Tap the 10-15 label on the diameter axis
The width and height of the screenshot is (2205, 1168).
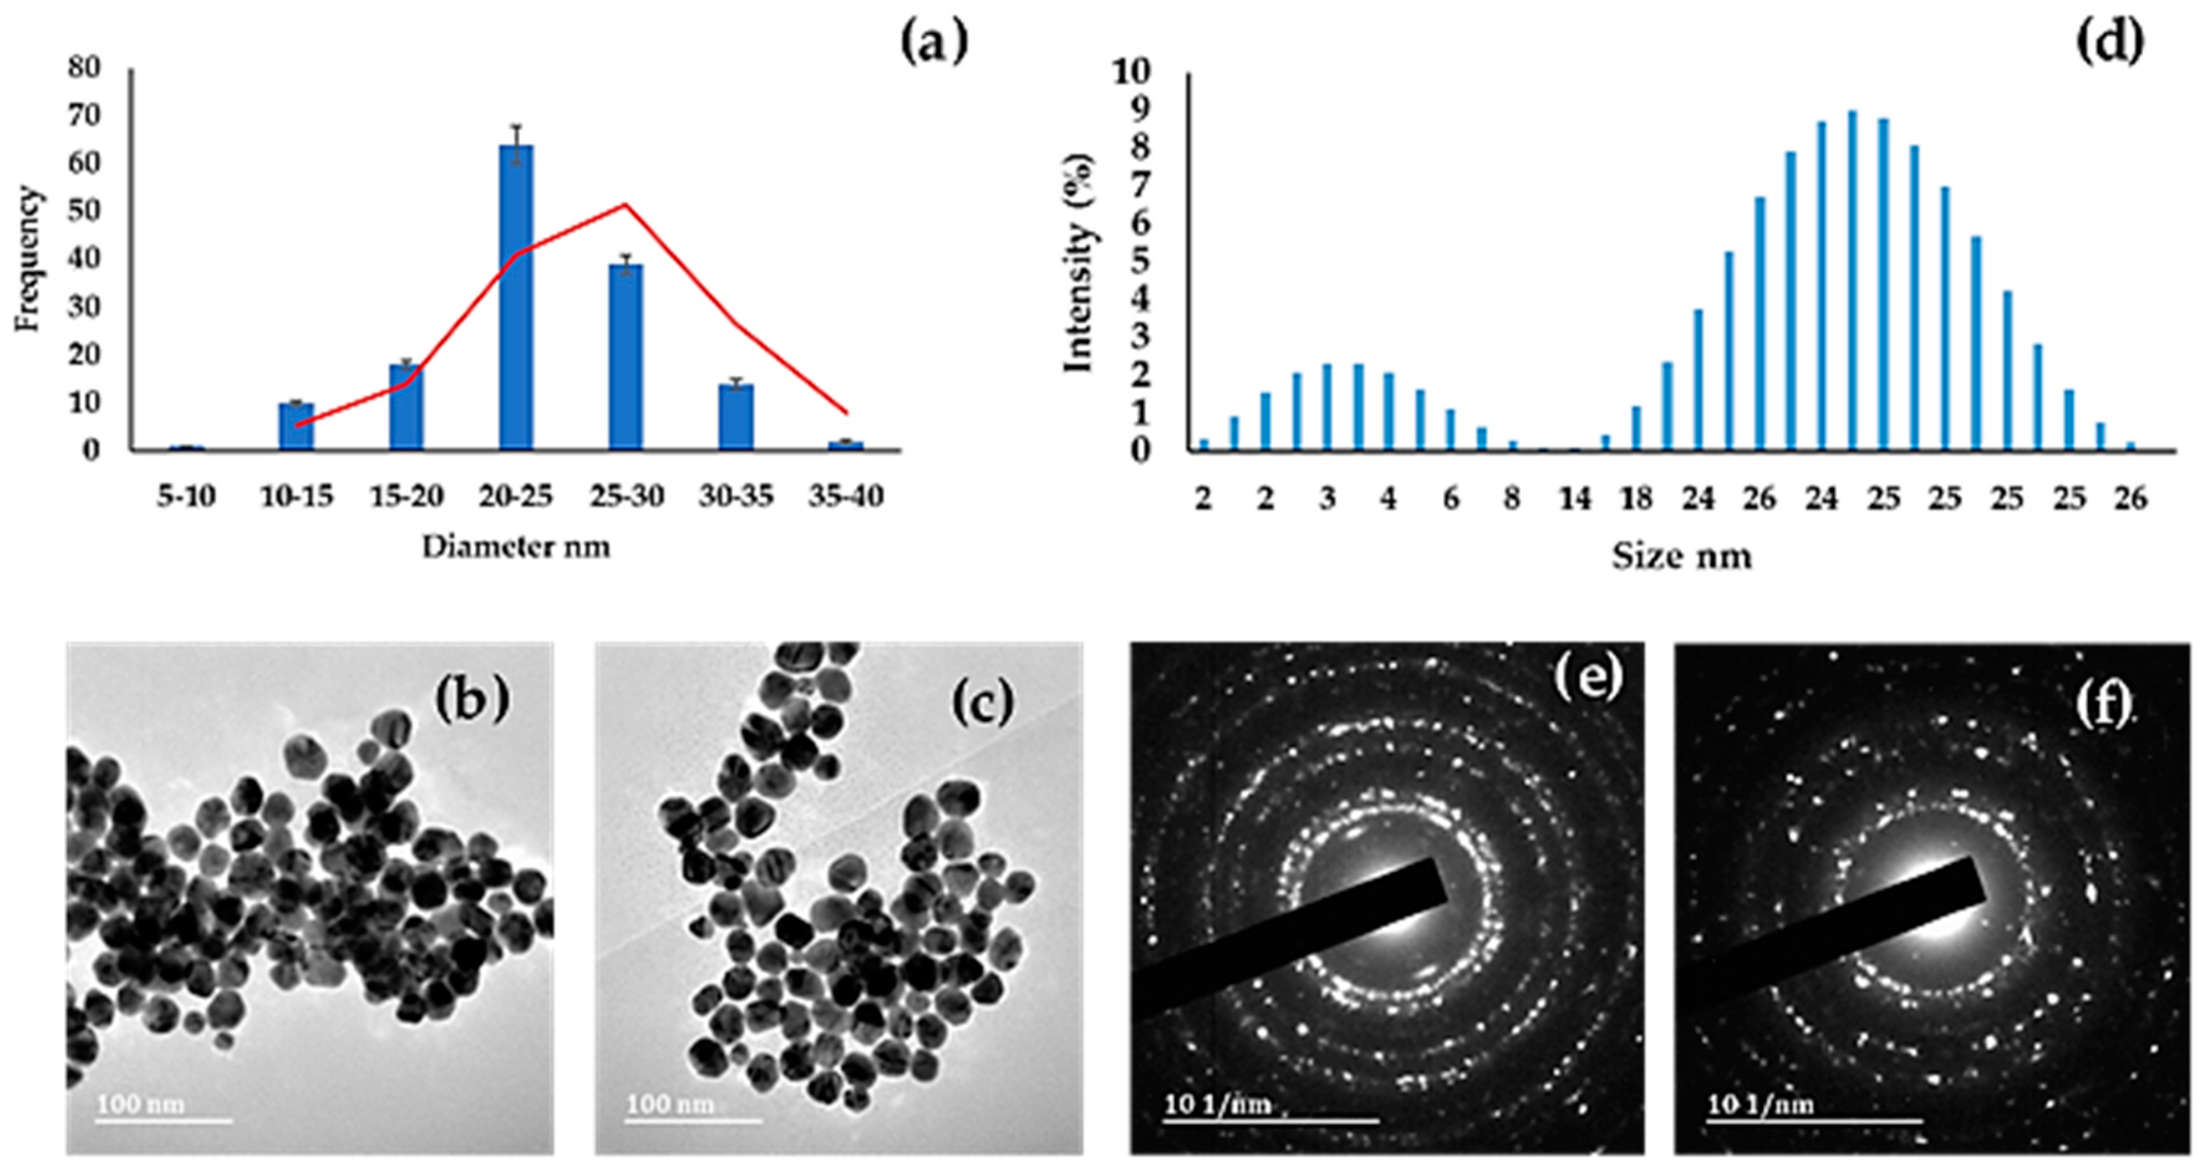coord(296,496)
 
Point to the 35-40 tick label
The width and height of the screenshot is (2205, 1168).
coord(846,496)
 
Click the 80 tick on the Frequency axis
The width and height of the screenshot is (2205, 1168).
coord(84,68)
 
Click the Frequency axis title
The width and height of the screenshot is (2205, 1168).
coord(27,258)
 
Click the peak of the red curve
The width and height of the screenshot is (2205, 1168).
coord(626,205)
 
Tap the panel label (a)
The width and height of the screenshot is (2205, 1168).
coord(934,43)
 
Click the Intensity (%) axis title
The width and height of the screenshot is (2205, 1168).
coord(1078,262)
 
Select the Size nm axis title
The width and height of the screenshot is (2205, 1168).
coord(1682,556)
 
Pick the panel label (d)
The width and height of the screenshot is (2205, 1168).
coord(2110,43)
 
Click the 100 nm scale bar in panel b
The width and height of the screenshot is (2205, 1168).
coord(162,1120)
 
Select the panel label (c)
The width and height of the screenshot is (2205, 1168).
coord(982,702)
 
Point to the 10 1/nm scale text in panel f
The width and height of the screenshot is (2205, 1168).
coord(1761,1104)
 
